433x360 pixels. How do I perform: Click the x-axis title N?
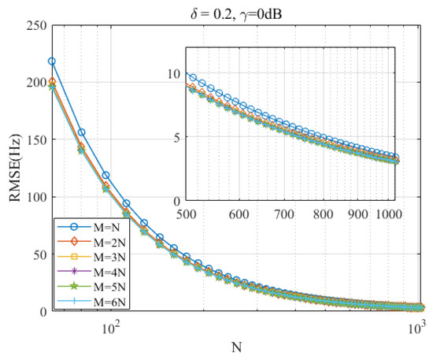tap(237, 347)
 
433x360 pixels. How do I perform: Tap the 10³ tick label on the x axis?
tap(416, 326)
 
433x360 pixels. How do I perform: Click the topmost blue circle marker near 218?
tap(52, 61)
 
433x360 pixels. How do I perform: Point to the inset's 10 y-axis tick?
tap(176, 73)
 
